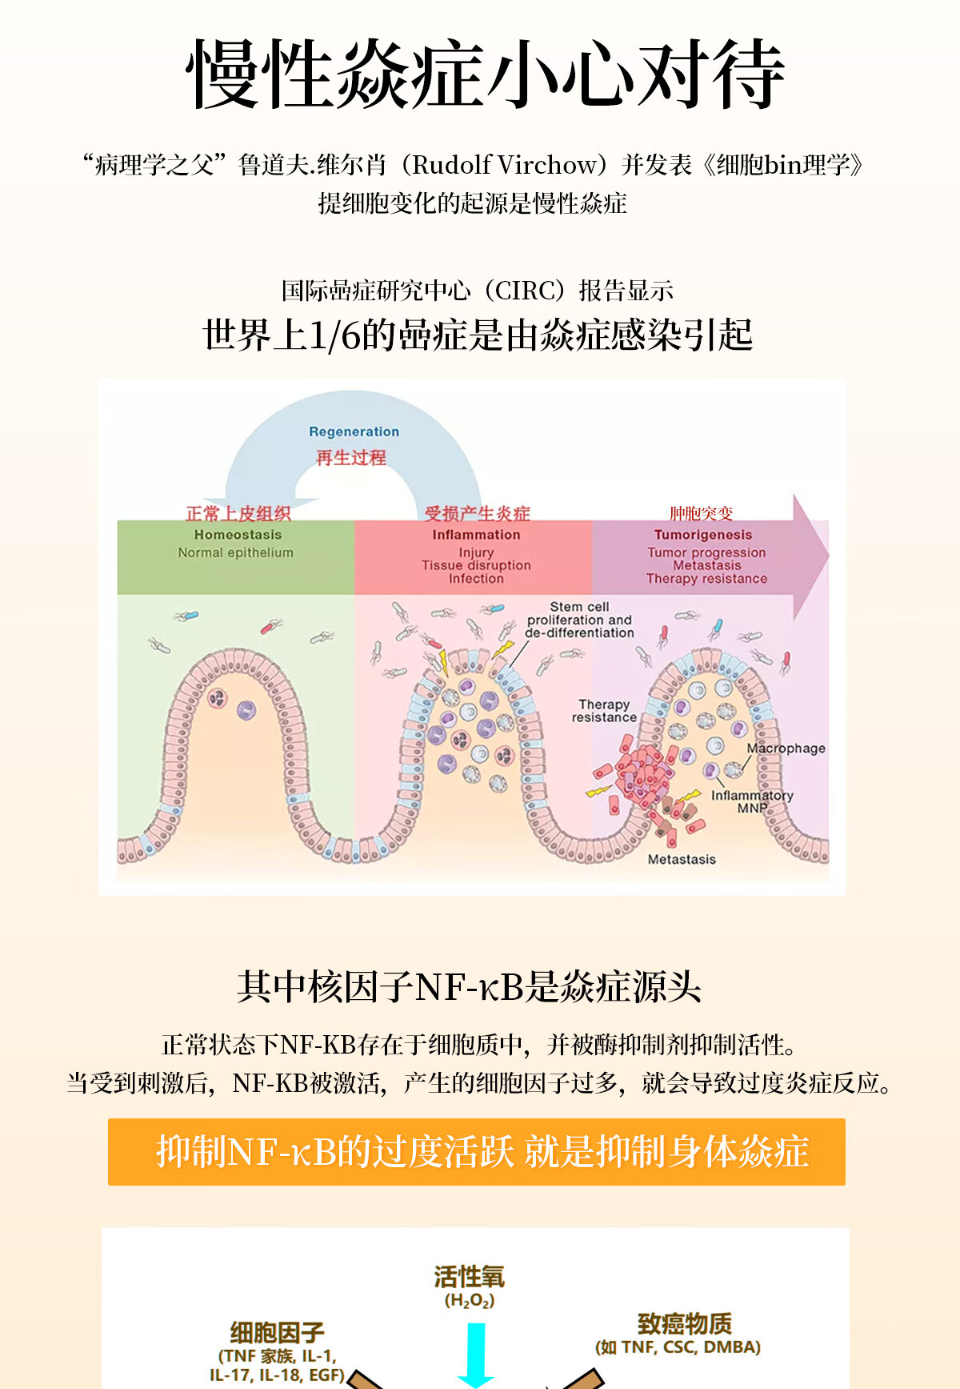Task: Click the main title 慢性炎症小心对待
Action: click(484, 74)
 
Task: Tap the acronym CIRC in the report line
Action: click(523, 291)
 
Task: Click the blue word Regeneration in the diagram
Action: click(354, 432)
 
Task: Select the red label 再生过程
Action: click(351, 458)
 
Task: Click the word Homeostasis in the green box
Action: click(238, 535)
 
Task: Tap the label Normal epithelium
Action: click(235, 552)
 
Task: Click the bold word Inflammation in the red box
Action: click(476, 535)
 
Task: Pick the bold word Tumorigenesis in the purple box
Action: click(703, 535)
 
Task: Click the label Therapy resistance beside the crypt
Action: click(604, 711)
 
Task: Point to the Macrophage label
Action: click(786, 749)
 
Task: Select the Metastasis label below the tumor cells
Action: click(682, 859)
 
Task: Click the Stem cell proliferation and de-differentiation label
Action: click(579, 620)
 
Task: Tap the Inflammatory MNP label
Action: click(752, 801)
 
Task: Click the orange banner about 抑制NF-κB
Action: click(477, 1152)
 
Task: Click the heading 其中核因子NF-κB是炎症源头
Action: click(470, 986)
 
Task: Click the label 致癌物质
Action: click(684, 1323)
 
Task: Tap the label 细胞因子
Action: click(277, 1332)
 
